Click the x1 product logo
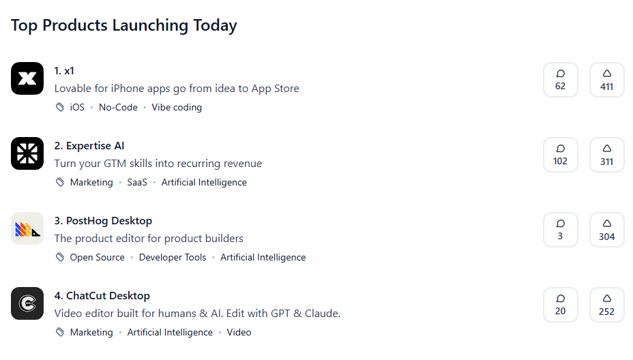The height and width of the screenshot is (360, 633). (x=27, y=78)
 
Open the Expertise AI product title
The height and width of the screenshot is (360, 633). (x=89, y=146)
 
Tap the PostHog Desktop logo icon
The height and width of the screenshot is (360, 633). (x=27, y=228)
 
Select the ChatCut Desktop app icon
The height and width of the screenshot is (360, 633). (x=27, y=303)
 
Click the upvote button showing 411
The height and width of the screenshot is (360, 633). (x=607, y=80)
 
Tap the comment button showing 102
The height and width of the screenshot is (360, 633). (x=560, y=155)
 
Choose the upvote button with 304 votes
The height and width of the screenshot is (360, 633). (x=607, y=230)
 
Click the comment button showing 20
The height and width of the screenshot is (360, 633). (x=560, y=305)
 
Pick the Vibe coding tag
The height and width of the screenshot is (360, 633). (x=177, y=107)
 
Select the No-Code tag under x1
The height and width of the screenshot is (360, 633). (x=118, y=107)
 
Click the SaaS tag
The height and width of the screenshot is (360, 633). (x=137, y=183)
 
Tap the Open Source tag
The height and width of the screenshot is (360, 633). (x=97, y=258)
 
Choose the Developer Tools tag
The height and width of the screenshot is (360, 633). (x=173, y=258)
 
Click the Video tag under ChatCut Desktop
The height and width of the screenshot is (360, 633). (x=239, y=333)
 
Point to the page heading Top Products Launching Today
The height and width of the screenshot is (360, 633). (x=123, y=25)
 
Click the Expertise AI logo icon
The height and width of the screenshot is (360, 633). (x=27, y=153)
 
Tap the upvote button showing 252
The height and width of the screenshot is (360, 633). (x=607, y=305)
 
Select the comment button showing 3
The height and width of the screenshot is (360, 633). (x=560, y=230)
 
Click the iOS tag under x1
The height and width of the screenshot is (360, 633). (x=77, y=107)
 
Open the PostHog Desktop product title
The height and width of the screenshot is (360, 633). (x=103, y=221)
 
